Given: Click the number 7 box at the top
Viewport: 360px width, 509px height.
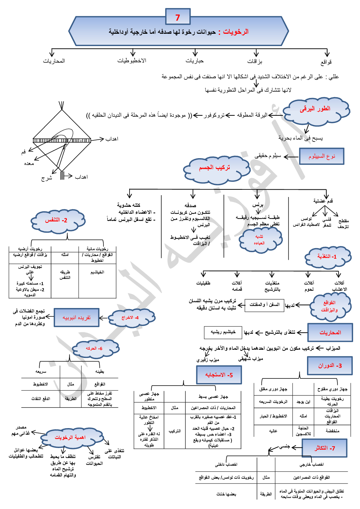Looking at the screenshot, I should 177,17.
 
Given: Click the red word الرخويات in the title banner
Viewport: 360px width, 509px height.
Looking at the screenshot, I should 236,32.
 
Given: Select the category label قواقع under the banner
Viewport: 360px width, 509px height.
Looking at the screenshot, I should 326,62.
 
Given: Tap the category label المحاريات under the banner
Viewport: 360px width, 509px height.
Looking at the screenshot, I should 54,61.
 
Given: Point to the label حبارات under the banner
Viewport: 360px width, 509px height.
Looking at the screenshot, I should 195,61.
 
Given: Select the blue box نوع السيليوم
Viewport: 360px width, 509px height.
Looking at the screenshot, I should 322,156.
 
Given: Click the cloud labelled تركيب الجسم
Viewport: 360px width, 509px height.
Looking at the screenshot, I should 215,168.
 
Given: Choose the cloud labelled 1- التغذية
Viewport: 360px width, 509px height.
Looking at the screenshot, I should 328,256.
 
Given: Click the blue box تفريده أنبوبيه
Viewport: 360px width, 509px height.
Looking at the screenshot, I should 76,318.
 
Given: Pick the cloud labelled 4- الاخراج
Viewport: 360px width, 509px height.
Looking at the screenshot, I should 131,318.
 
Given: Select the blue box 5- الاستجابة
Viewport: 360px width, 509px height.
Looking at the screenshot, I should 218,375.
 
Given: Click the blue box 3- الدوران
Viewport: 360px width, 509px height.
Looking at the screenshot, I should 330,365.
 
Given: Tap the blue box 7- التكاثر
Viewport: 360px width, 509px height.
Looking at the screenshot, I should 324,448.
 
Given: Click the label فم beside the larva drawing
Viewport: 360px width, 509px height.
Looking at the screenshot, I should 24,152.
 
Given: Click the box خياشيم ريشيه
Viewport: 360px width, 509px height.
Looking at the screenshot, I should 223,332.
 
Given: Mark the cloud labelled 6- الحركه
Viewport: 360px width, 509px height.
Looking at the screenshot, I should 94,348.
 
